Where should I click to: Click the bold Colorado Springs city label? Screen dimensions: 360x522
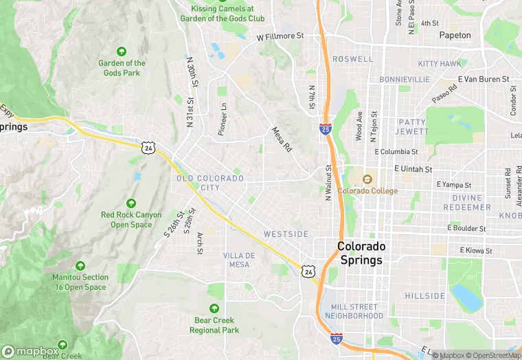[x=361, y=254]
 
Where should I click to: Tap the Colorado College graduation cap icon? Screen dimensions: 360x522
[x=367, y=180]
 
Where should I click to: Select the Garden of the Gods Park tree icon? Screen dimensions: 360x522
[x=122, y=52]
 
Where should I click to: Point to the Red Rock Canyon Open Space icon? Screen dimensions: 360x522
[x=131, y=203]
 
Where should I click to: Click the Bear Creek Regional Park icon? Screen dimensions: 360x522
[x=214, y=308]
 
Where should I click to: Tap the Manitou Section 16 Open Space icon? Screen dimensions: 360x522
[x=80, y=266]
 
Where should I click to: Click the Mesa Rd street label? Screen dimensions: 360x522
[x=282, y=139]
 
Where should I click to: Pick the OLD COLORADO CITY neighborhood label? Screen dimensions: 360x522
[x=210, y=183]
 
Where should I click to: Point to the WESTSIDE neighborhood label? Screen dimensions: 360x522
[x=286, y=234]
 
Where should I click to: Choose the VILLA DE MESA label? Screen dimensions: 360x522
[x=239, y=260]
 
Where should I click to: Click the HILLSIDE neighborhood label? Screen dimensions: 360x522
[x=424, y=296]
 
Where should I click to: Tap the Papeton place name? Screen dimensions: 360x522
[x=455, y=35]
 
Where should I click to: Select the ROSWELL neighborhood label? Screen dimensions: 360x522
[x=352, y=60]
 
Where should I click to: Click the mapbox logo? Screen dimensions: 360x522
[x=30, y=350]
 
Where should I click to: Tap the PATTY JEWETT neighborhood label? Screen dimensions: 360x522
[x=411, y=126]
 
